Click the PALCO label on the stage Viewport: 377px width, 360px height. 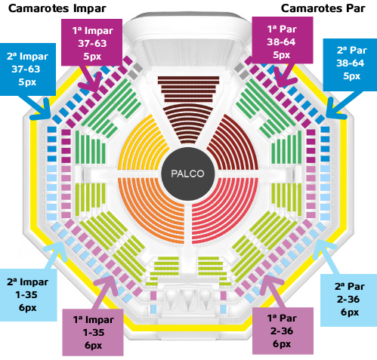pyautogui.click(x=187, y=174)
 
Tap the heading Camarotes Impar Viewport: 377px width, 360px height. pyautogui.click(x=57, y=8)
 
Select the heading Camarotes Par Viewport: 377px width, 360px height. pyautogui.click(x=323, y=8)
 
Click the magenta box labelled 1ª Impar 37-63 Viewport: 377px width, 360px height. pyautogui.click(x=92, y=42)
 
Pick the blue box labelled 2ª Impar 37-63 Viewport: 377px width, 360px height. pyautogui.click(x=27, y=69)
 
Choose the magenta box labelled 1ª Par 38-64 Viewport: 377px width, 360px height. pyautogui.click(x=283, y=40)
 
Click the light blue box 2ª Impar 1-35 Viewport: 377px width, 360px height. pyautogui.click(x=28, y=295)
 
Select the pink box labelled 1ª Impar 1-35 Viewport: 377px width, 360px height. pyautogui.click(x=93, y=332)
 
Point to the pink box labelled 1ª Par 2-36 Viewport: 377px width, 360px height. pyautogui.click(x=283, y=331)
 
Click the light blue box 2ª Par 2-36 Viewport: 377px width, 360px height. pyautogui.click(x=348, y=300)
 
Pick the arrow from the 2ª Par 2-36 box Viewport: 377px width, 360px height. pyautogui.click(x=326, y=257)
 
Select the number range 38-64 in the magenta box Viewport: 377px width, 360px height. pyautogui.click(x=281, y=42)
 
